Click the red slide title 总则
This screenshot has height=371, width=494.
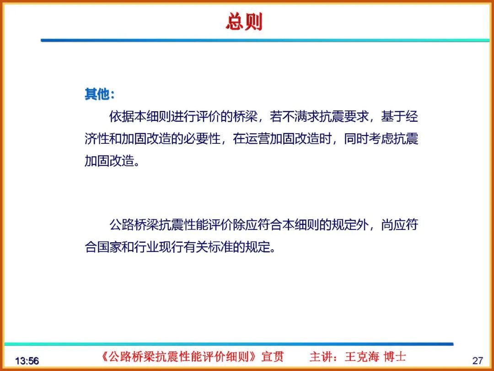(x=244, y=22)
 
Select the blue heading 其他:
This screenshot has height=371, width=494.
(x=99, y=94)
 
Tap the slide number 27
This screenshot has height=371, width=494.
(x=478, y=360)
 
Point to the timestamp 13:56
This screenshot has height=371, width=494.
(x=27, y=361)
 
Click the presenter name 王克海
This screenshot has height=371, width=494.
(x=362, y=357)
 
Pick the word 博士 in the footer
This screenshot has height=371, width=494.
(x=395, y=357)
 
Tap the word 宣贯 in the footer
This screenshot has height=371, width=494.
(x=273, y=357)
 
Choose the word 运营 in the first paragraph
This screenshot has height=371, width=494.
(x=258, y=139)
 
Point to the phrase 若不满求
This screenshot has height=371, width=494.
(x=293, y=117)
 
